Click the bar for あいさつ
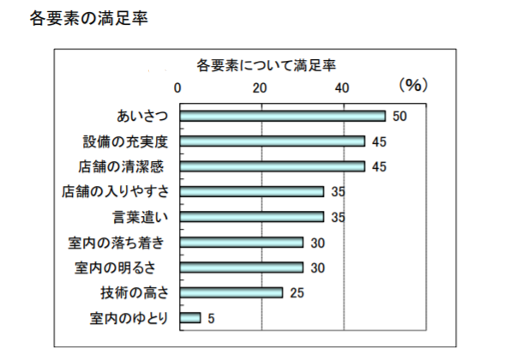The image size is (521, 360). pos(283,116)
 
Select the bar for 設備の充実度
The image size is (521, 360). pos(272,141)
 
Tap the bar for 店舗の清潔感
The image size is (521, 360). pos(272,166)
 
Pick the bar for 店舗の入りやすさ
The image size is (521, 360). pos(252,191)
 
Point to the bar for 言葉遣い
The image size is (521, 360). pos(252,217)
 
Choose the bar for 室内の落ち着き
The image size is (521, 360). pos(242,243)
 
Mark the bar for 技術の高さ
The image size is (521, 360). pos(231,292)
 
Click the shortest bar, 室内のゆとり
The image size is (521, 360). pos(190,318)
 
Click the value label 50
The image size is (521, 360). pos(399,117)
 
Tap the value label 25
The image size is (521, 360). pos(297,293)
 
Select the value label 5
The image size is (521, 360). pos(212,319)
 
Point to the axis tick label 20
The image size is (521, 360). pos(260,88)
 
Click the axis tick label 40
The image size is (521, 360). pos(342,88)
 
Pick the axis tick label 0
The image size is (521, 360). pos(177,88)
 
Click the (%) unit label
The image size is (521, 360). pos(413,86)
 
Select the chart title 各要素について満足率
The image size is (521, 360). pos(266,65)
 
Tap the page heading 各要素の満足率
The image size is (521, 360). pos(89,18)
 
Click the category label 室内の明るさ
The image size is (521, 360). pos(115,267)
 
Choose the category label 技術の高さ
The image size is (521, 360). pos(135,293)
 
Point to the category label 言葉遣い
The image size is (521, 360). pos(141,217)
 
